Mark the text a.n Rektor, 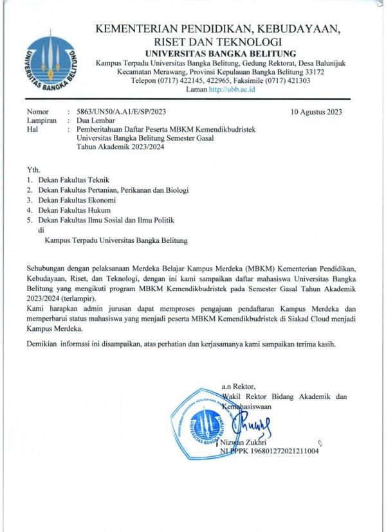coord(237,387)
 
